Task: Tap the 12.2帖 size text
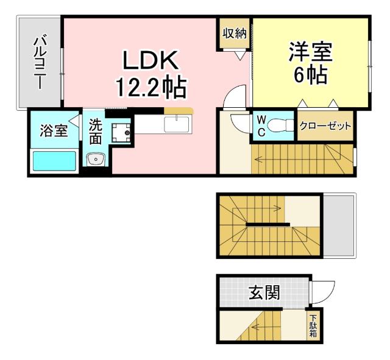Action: (151, 88)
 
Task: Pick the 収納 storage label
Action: (235, 34)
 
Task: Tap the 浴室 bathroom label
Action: (53, 130)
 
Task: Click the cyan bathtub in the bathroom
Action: (54, 161)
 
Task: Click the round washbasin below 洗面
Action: (96, 160)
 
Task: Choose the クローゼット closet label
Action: (325, 127)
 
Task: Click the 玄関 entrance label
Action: (264, 293)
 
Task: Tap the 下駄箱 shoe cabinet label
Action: (313, 326)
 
